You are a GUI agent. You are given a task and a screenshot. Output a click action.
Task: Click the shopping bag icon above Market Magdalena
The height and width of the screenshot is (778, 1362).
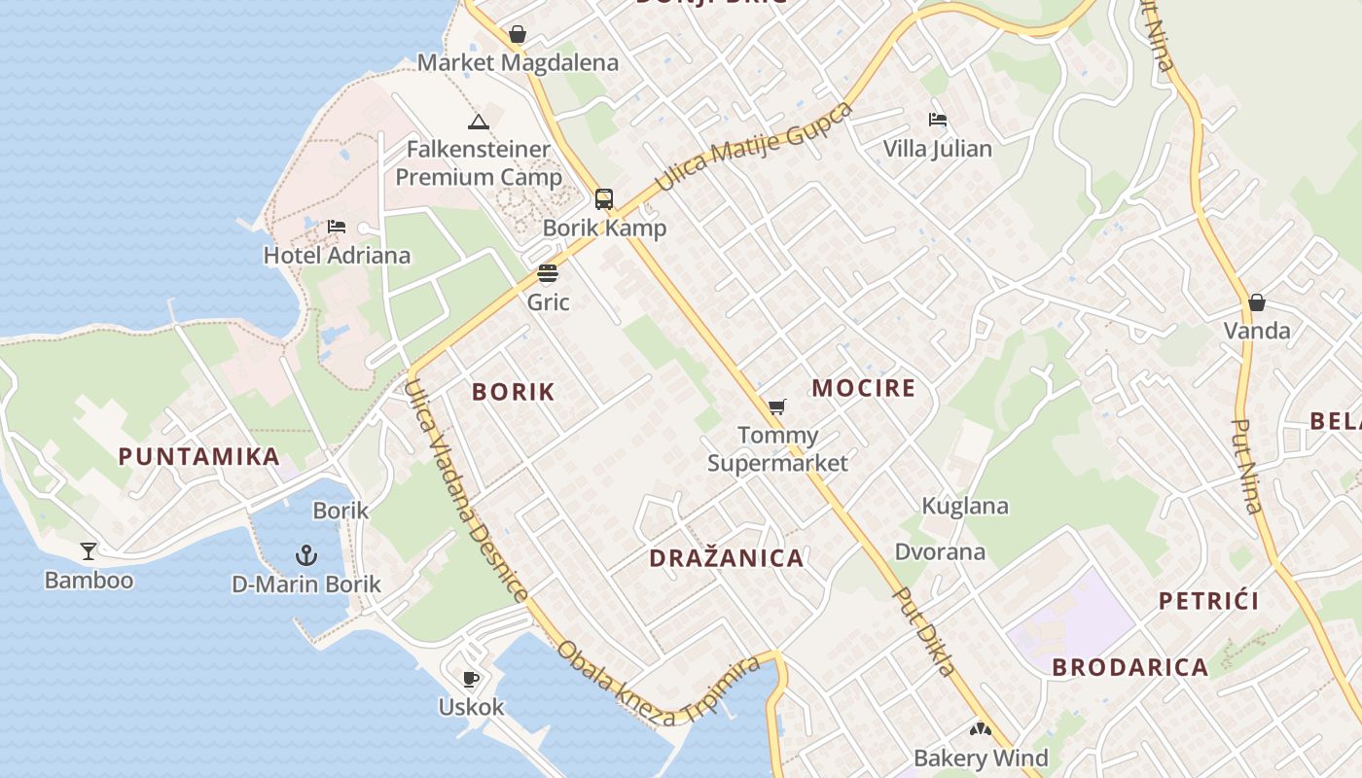point(518,34)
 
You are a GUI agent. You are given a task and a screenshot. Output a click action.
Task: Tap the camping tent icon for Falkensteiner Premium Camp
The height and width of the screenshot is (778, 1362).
point(477,122)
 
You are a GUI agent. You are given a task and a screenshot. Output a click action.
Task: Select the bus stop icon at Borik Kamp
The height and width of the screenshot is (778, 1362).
point(604,199)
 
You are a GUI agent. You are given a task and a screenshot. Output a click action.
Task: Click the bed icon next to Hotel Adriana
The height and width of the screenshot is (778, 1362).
point(337,227)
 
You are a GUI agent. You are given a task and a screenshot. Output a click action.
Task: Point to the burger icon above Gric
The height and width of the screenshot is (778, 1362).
point(548,273)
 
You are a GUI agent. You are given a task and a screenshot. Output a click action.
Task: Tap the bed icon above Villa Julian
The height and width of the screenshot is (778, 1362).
point(938,120)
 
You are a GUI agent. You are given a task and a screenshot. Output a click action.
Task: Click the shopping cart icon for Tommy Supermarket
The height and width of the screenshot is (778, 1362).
point(776,407)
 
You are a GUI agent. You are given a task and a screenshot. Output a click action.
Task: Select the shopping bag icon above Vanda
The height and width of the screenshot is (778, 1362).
point(1257,302)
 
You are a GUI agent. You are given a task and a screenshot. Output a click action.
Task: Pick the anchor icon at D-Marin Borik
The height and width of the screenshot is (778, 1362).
point(306,555)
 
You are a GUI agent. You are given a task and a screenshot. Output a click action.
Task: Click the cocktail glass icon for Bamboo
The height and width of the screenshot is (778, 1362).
point(89,551)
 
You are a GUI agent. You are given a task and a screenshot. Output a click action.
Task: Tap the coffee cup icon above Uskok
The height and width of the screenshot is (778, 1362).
point(472,679)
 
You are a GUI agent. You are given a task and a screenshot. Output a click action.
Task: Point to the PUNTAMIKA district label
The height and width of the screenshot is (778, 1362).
point(199,456)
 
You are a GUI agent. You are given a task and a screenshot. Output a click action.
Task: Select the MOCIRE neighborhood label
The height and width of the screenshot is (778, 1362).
point(864,388)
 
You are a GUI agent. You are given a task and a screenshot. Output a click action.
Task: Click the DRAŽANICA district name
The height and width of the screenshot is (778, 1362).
point(727,558)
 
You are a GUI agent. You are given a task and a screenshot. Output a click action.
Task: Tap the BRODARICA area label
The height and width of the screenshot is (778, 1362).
point(1129,667)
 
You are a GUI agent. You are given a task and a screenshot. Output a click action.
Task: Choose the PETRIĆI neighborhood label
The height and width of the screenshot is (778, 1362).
point(1208,601)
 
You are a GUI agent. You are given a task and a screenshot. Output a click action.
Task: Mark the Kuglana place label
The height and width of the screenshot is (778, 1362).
point(965,506)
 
